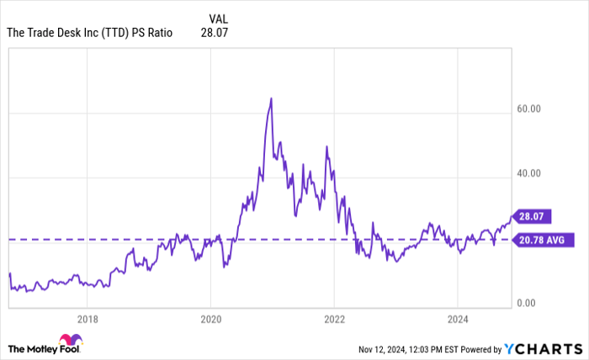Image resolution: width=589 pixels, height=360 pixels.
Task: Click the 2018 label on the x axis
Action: click(88, 320)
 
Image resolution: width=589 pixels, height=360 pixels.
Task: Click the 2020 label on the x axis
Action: click(211, 320)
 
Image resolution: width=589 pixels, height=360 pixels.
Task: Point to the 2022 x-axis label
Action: click(334, 320)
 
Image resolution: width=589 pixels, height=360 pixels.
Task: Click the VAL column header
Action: click(217, 18)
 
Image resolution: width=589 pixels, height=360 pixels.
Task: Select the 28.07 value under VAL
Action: click(215, 34)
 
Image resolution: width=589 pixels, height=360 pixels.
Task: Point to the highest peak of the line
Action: click(271, 98)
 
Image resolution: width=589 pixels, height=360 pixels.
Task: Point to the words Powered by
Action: click(479, 348)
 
